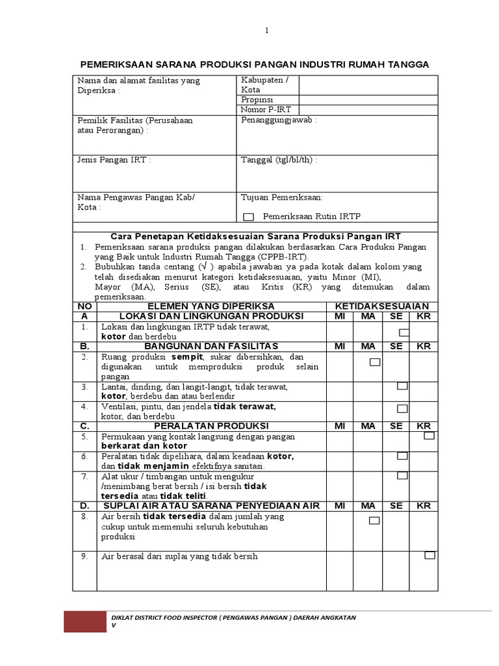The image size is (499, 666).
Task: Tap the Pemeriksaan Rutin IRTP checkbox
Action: (248, 216)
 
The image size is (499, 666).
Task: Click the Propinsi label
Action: (257, 100)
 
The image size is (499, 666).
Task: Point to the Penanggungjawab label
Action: (279, 121)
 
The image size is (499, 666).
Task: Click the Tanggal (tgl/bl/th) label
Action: (279, 160)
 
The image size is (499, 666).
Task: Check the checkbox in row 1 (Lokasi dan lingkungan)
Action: (404, 332)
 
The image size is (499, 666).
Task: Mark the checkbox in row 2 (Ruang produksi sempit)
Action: (375, 362)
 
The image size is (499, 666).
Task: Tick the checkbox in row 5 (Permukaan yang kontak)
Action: (429, 436)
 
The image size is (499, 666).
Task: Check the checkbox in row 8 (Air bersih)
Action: (374, 520)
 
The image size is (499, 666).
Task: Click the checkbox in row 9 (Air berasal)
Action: (429, 555)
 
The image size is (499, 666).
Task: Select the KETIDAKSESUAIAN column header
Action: (381, 306)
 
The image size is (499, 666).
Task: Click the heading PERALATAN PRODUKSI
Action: (211, 426)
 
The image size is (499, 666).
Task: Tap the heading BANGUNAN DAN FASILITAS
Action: (211, 346)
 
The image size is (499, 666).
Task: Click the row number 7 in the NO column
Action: (84, 476)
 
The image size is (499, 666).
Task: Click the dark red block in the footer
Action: (84, 622)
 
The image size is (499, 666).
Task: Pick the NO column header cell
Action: (84, 306)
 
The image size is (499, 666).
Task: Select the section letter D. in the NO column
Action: (84, 506)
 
